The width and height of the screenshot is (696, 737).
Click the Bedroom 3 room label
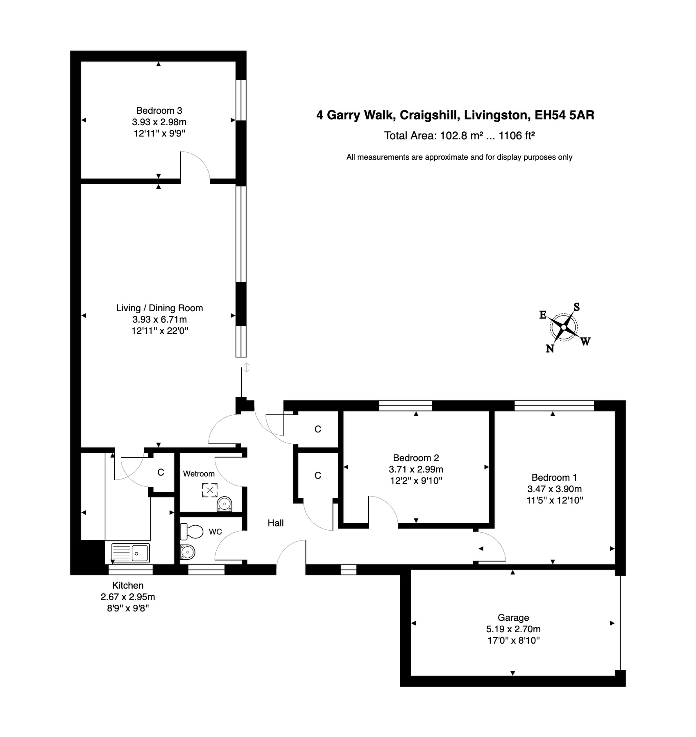click(159, 111)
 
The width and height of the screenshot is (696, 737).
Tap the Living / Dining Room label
click(159, 308)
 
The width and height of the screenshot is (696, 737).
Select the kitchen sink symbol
click(131, 553)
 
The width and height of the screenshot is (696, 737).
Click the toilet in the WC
click(192, 532)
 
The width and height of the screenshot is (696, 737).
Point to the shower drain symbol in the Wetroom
click(210, 490)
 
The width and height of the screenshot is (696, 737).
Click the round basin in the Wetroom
click(224, 504)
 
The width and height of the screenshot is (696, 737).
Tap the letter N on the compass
click(550, 348)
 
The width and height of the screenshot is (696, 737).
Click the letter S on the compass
click(576, 307)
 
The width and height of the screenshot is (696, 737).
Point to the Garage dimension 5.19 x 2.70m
click(513, 629)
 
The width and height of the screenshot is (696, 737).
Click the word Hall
click(276, 523)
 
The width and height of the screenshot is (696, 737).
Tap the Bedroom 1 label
click(554, 477)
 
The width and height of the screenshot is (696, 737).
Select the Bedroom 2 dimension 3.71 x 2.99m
click(416, 469)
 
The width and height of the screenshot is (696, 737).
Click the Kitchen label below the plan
click(128, 586)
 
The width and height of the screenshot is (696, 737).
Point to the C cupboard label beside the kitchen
click(161, 472)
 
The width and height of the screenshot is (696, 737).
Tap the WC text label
click(215, 532)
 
